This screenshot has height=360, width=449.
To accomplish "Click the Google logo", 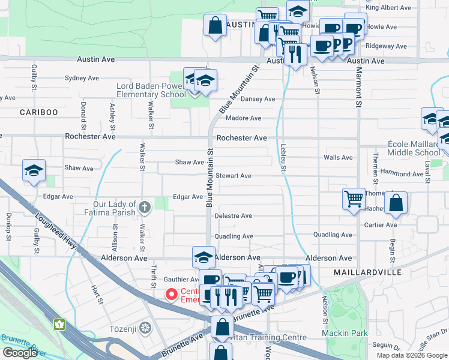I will coord(19,353).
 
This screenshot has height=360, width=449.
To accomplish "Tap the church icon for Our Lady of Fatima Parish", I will coord(144,208).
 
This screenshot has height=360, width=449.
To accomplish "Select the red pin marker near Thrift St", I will coord(171,294).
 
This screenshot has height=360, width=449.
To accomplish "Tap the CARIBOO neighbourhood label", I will coord(38,112).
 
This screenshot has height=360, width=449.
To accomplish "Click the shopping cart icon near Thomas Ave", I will coord(354,198).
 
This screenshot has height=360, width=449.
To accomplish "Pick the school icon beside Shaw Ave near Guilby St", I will coord(34,171).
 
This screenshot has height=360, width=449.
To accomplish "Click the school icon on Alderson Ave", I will coord(204,257).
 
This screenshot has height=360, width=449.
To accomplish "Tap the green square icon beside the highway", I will coord(59,325).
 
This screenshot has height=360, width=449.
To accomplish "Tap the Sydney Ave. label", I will coord(82,78).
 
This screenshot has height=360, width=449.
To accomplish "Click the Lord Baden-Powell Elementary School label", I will coord(151,90).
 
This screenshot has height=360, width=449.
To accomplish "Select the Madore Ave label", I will coord(243,118).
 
